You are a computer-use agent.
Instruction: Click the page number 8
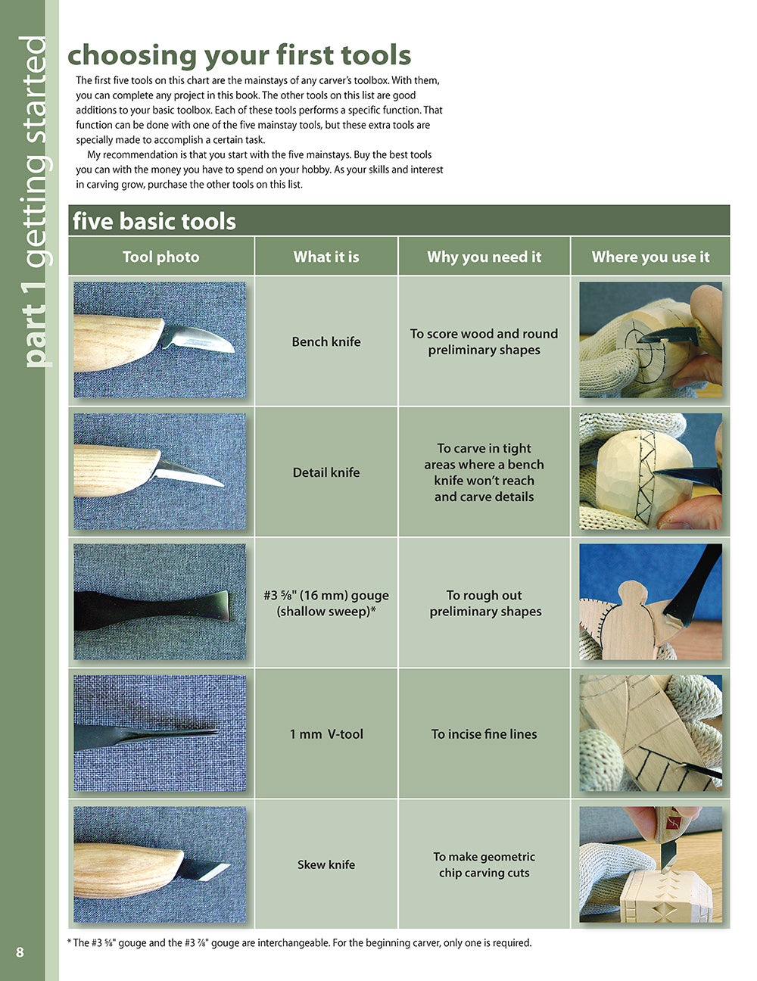(x=20, y=951)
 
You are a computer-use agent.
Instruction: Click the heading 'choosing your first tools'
(x=239, y=55)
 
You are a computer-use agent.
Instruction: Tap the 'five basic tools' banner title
(x=154, y=221)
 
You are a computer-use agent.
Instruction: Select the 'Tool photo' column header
(x=161, y=257)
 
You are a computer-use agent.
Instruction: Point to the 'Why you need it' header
(x=484, y=257)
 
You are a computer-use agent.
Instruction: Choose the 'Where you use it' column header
(x=650, y=257)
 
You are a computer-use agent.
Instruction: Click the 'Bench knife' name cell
(x=326, y=341)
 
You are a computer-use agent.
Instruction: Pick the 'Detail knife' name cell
(x=326, y=472)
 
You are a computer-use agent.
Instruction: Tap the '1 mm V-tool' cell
(x=326, y=734)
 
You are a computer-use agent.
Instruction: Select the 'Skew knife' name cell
(x=326, y=864)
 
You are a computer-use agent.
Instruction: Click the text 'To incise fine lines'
(x=484, y=734)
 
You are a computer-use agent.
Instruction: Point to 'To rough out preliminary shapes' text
(x=485, y=603)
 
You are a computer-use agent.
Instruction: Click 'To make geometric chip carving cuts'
(x=484, y=864)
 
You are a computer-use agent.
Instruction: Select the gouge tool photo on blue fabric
(x=160, y=602)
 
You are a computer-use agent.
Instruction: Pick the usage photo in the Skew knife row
(x=650, y=864)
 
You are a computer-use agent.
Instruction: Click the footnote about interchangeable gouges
(x=300, y=943)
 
